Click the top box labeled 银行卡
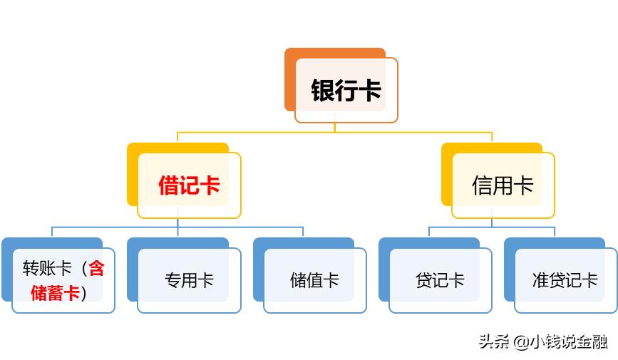[346, 91]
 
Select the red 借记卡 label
[189, 185]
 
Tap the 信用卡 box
[503, 185]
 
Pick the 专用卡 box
[189, 280]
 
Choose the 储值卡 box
[314, 280]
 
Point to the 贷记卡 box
[440, 280]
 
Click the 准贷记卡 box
[565, 280]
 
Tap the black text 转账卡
[47, 269]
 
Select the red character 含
[96, 269]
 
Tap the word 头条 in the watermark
[491, 341]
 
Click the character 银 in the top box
[323, 91]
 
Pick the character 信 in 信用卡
[482, 185]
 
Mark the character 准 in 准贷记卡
[540, 280]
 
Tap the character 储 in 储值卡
[298, 280]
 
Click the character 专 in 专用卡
[172, 280]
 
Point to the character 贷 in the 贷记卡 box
[423, 280]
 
